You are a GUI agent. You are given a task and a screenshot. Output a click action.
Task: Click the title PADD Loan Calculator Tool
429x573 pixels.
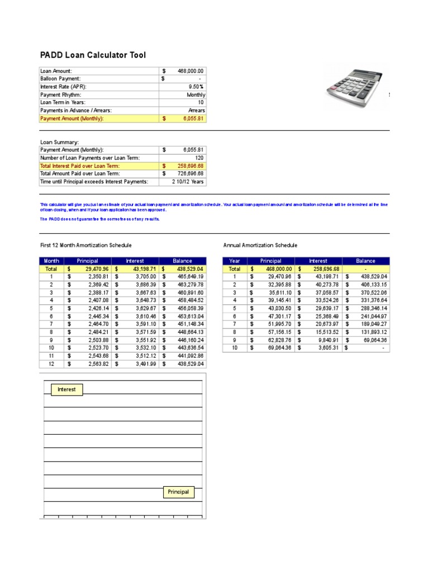[93, 55]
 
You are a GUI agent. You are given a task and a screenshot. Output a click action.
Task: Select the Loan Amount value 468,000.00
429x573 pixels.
[190, 71]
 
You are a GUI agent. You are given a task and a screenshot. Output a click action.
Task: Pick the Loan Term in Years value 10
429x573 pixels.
[201, 103]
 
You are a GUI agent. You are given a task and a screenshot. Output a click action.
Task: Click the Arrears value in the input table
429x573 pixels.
[196, 111]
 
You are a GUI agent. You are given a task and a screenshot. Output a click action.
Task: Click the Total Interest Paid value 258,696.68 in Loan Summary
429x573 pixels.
[190, 166]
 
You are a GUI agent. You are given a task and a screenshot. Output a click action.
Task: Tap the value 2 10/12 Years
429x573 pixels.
[188, 182]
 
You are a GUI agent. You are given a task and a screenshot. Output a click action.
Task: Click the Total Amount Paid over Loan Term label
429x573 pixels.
[80, 174]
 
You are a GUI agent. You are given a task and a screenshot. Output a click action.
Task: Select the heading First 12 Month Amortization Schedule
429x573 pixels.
[86, 245]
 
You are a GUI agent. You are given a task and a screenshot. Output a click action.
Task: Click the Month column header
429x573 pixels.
[51, 261]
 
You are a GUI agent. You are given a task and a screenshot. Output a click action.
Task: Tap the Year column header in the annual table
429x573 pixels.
[235, 261]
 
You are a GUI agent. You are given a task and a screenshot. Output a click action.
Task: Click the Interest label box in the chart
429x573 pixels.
[66, 389]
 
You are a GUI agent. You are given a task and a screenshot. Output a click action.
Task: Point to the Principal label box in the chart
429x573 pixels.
[178, 492]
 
